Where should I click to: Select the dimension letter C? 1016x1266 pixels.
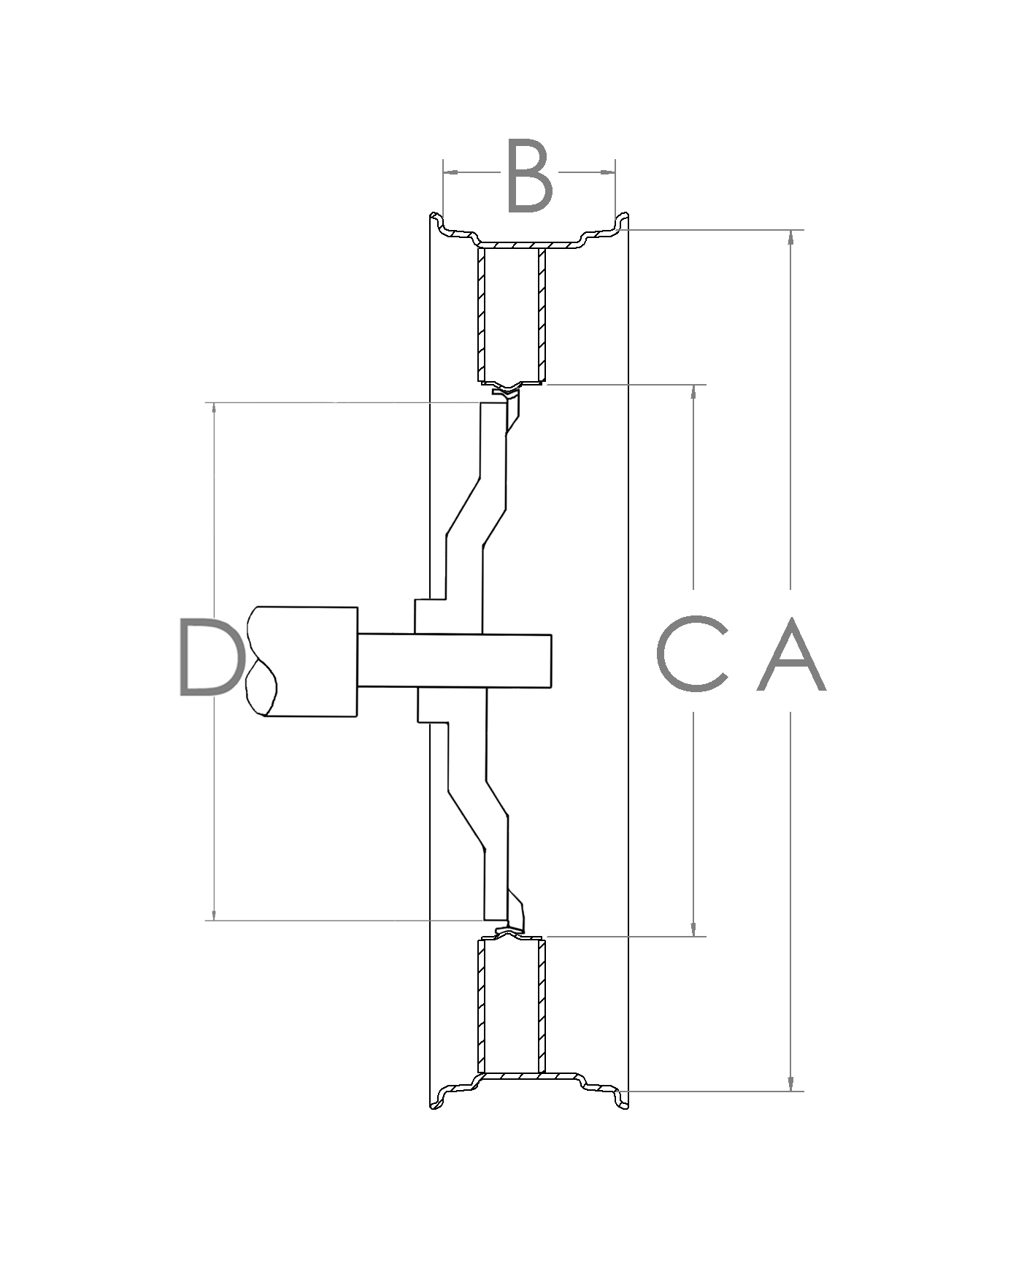coord(693,654)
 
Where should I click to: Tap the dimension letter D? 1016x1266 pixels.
coord(209,656)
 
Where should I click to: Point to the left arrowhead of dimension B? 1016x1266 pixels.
coord(450,172)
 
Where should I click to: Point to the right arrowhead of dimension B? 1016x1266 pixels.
coord(608,172)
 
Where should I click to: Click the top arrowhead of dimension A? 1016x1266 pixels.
coord(790,238)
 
